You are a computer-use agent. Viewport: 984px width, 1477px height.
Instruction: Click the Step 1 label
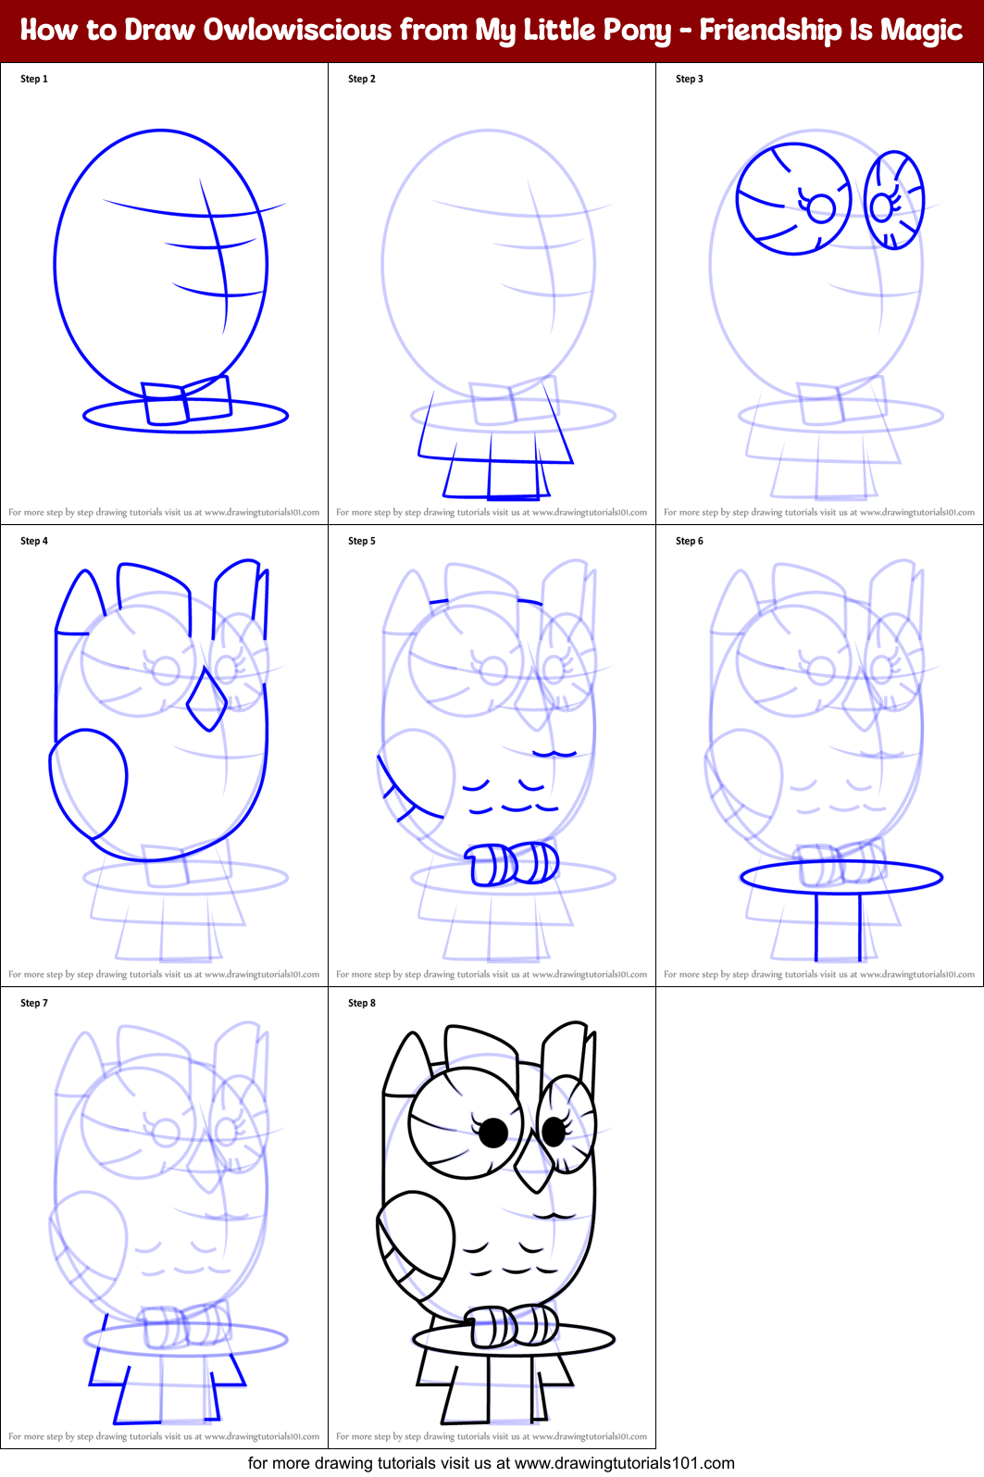point(34,79)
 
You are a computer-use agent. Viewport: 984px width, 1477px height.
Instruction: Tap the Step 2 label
point(362,79)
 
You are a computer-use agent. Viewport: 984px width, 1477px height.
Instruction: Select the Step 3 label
point(690,79)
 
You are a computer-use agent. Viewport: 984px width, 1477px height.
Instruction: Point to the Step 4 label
point(34,541)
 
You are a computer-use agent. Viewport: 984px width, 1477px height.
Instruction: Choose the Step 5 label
point(362,541)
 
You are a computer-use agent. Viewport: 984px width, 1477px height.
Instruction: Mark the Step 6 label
point(690,541)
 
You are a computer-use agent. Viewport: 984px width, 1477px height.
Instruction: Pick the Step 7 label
point(34,1003)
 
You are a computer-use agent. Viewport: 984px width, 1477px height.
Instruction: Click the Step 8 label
point(362,1003)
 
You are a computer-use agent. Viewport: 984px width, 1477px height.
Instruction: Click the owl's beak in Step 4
point(206,701)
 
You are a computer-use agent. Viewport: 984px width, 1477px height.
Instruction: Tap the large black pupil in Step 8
point(493,1132)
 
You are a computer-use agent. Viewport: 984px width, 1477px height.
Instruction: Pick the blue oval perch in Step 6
point(841,877)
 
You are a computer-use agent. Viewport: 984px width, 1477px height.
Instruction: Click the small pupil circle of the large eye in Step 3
point(820,208)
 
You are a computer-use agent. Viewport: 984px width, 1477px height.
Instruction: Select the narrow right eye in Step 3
point(893,201)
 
